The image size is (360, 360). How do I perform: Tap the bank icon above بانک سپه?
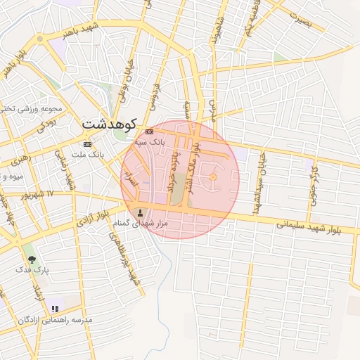pyautogui.click(x=149, y=131)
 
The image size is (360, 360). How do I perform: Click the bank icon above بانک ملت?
pyautogui.click(x=87, y=143)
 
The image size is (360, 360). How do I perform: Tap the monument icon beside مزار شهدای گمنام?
pyautogui.click(x=139, y=212)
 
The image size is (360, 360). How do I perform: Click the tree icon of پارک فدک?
pyautogui.click(x=32, y=259)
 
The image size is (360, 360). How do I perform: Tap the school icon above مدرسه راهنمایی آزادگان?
pyautogui.click(x=55, y=309)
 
